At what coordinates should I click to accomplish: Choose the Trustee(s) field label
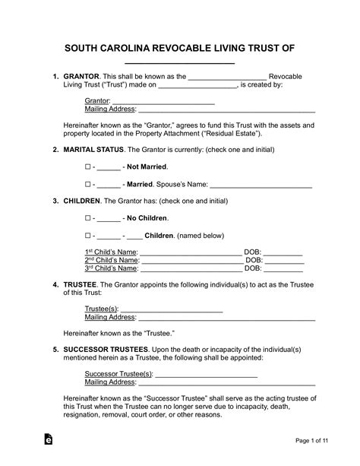tap(101, 309)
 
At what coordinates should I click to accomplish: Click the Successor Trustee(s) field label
tap(118, 374)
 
